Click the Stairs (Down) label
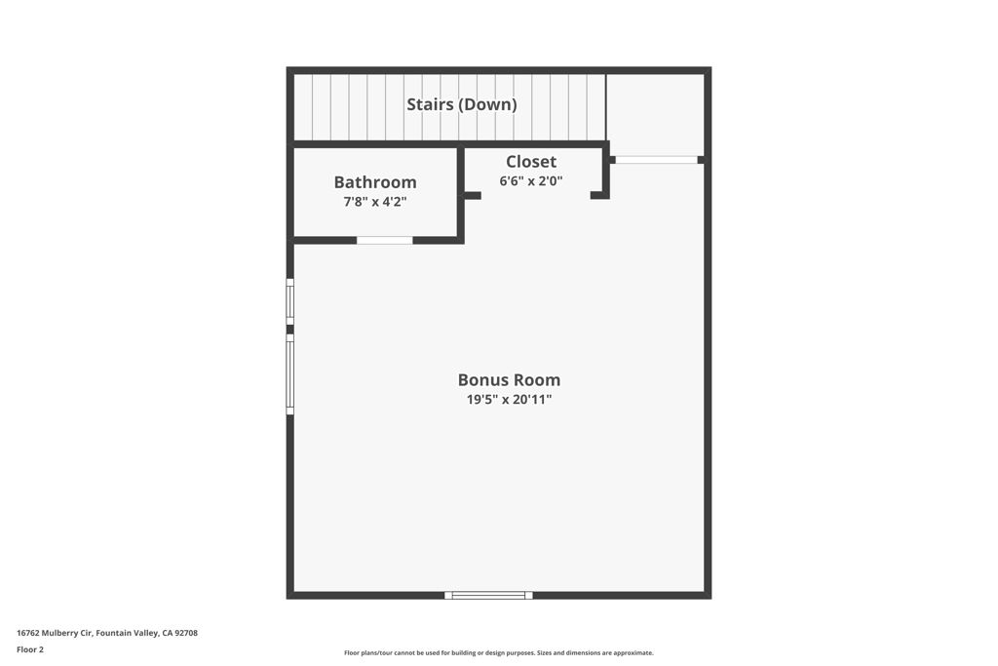pyautogui.click(x=461, y=104)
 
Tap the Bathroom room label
pyautogui.click(x=375, y=182)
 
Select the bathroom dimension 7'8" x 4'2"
pyautogui.click(x=375, y=203)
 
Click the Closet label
pyautogui.click(x=531, y=162)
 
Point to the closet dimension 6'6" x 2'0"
pyautogui.click(x=531, y=180)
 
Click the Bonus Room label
pyautogui.click(x=509, y=380)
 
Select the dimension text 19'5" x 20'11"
pyautogui.click(x=509, y=400)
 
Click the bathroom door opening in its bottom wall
pyautogui.click(x=384, y=240)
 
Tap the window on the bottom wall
pyautogui.click(x=488, y=596)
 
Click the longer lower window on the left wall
pyautogui.click(x=290, y=373)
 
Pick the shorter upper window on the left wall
pyautogui.click(x=290, y=302)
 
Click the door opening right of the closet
pyautogui.click(x=656, y=160)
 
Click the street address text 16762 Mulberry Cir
pyautogui.click(x=55, y=633)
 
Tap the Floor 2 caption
pyautogui.click(x=30, y=649)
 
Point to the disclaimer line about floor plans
pyautogui.click(x=499, y=652)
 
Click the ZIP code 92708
pyautogui.click(x=186, y=633)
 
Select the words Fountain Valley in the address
pyautogui.click(x=127, y=633)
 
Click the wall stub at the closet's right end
pyautogui.click(x=599, y=195)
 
